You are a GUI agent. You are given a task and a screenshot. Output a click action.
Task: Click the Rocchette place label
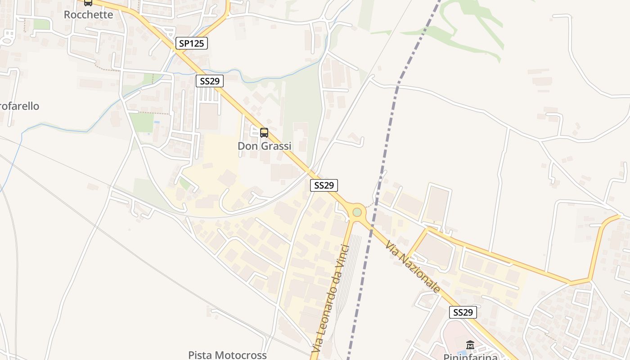(x=88, y=14)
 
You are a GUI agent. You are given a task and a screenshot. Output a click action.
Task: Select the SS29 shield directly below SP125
(x=210, y=81)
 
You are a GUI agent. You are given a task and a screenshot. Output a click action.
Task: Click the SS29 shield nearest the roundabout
(x=324, y=185)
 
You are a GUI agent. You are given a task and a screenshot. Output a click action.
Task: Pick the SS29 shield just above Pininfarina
(x=463, y=312)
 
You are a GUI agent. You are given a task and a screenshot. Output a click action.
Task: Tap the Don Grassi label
(x=264, y=146)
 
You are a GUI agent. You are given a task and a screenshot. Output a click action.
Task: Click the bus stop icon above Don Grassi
(x=264, y=133)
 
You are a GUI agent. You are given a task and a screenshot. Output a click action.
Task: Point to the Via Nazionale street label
(x=412, y=267)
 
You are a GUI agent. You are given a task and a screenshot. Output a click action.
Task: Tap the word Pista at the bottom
(x=199, y=355)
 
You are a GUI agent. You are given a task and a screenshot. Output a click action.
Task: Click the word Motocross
(x=240, y=355)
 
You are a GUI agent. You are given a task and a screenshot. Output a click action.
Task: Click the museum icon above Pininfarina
(x=470, y=345)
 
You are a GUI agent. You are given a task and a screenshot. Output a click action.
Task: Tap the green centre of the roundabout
(x=357, y=211)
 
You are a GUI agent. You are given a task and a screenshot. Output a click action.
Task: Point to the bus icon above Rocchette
(x=88, y=2)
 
